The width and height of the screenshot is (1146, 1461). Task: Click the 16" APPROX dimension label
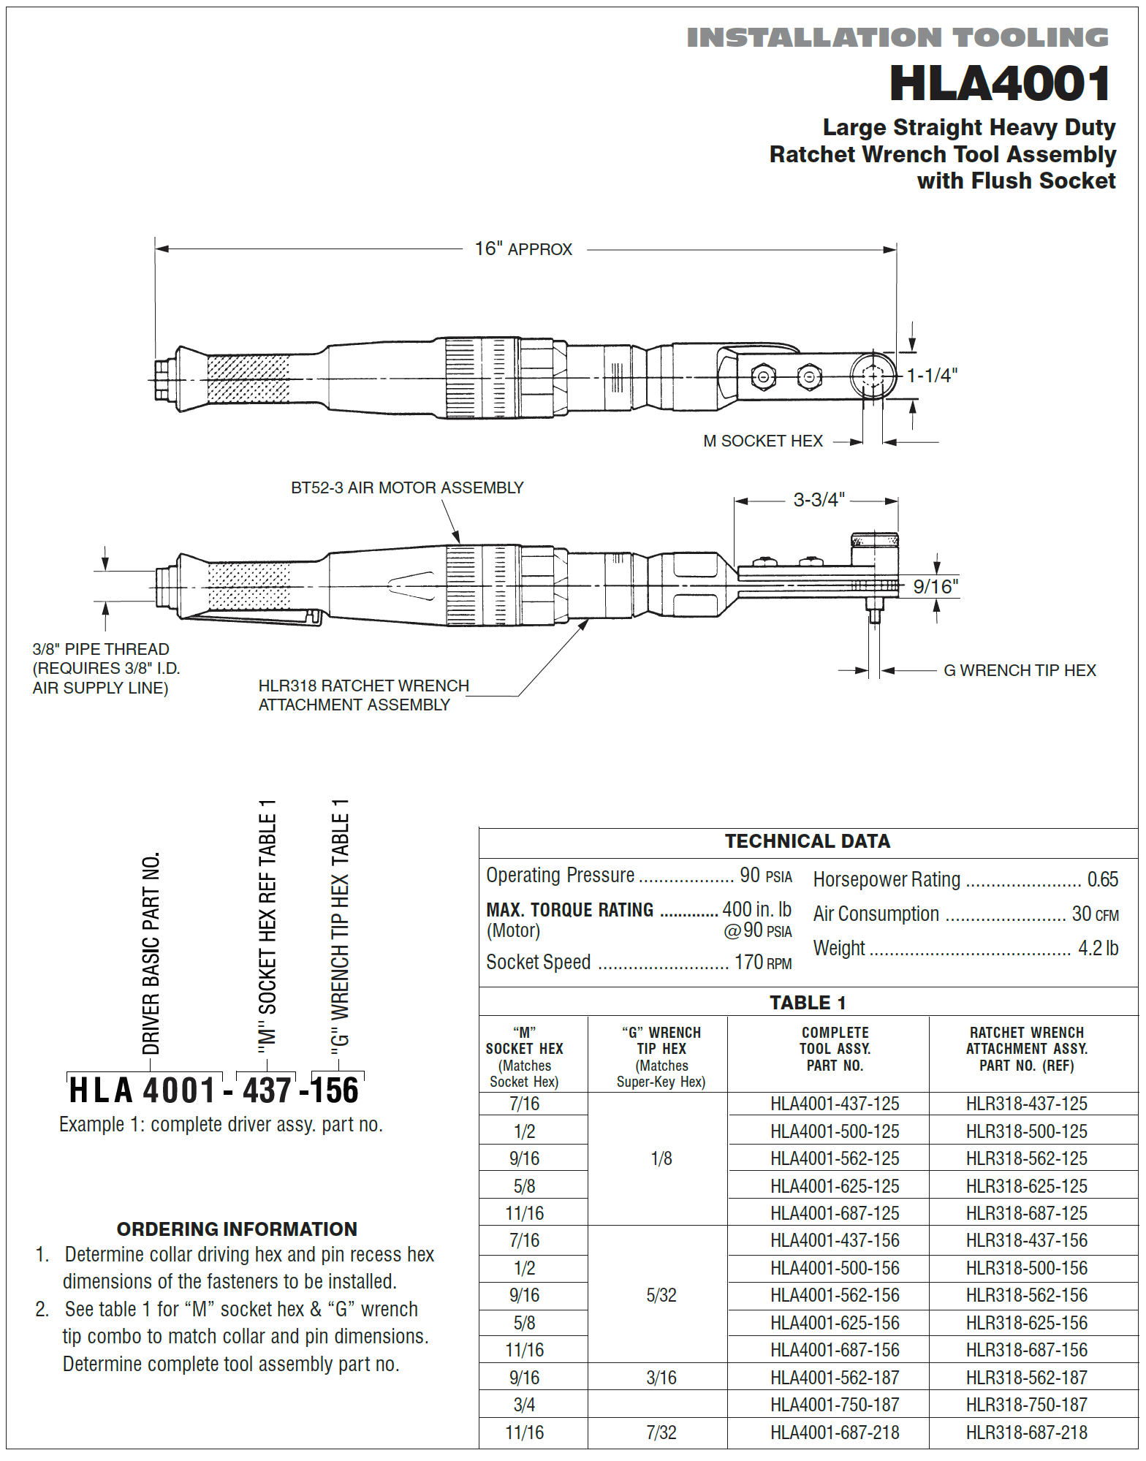click(523, 249)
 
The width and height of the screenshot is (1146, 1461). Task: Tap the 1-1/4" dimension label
click(932, 376)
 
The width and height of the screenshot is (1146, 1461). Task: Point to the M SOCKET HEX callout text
click(762, 441)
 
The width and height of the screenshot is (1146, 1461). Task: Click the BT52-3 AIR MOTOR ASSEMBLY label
click(407, 487)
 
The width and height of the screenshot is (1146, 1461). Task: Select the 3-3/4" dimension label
click(819, 500)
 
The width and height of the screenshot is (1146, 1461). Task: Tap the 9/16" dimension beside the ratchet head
click(936, 587)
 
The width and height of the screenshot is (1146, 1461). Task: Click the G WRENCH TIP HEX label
click(1020, 670)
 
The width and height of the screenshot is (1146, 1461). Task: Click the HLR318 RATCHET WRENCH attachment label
click(363, 695)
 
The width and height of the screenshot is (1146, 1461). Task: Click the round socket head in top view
click(873, 376)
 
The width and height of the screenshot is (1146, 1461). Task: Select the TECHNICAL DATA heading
click(807, 841)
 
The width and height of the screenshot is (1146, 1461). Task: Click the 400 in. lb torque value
click(756, 909)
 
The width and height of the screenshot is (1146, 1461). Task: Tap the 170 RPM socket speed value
click(762, 963)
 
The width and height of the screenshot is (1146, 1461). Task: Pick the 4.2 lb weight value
click(1098, 949)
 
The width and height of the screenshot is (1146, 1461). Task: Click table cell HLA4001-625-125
click(835, 1186)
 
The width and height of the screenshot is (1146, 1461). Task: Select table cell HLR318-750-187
click(1026, 1405)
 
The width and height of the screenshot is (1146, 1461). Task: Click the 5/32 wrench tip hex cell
click(661, 1296)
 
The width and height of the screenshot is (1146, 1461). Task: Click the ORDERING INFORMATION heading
click(237, 1229)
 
